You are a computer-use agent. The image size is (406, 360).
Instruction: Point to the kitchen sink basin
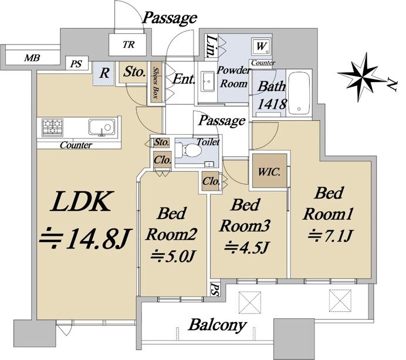click(100, 127)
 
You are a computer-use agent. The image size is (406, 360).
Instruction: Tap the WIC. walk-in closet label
click(270, 172)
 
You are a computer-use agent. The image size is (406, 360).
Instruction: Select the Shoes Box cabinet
click(157, 83)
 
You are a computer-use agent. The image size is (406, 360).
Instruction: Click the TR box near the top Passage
click(127, 44)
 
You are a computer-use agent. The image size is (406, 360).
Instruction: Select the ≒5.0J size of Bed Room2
click(174, 256)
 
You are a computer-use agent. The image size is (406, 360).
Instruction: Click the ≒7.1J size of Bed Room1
click(329, 236)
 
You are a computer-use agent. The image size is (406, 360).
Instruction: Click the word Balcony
click(217, 325)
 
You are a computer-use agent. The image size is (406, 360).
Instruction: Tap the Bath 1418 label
click(272, 96)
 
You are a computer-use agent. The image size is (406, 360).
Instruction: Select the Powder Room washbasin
click(207, 81)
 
